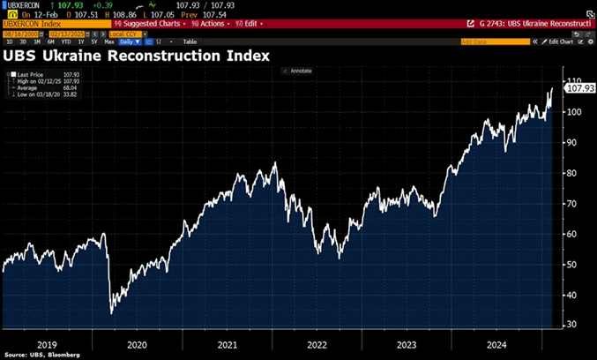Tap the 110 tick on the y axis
pos(574,81)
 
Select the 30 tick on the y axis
pos(571,325)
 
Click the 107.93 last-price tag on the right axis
pos(579,89)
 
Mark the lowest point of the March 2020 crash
pos(111,313)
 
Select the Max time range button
pos(109,41)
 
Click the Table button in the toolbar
pos(189,41)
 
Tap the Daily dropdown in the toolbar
pos(131,41)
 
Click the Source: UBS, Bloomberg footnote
pos(41,355)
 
